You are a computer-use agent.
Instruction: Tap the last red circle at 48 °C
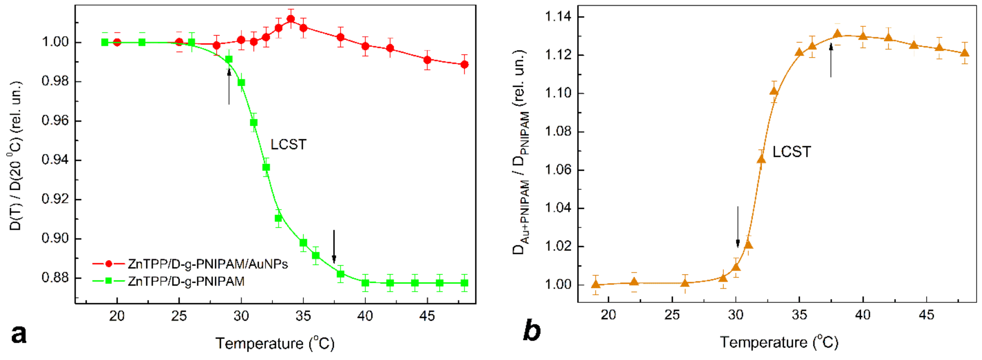point(464,64)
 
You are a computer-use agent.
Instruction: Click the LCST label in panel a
point(288,145)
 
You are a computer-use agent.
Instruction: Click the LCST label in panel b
point(791,152)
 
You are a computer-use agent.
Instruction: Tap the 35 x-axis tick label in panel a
point(303,316)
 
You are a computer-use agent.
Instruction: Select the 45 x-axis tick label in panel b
point(926,315)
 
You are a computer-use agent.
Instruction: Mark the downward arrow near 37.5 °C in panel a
point(334,246)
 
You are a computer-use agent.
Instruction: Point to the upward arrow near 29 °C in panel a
point(229,87)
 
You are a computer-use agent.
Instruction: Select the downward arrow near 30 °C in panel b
point(738,226)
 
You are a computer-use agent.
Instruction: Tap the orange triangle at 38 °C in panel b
point(837,34)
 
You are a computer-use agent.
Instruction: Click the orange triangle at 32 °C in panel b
point(761,159)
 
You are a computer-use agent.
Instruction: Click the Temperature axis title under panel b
point(779,342)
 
